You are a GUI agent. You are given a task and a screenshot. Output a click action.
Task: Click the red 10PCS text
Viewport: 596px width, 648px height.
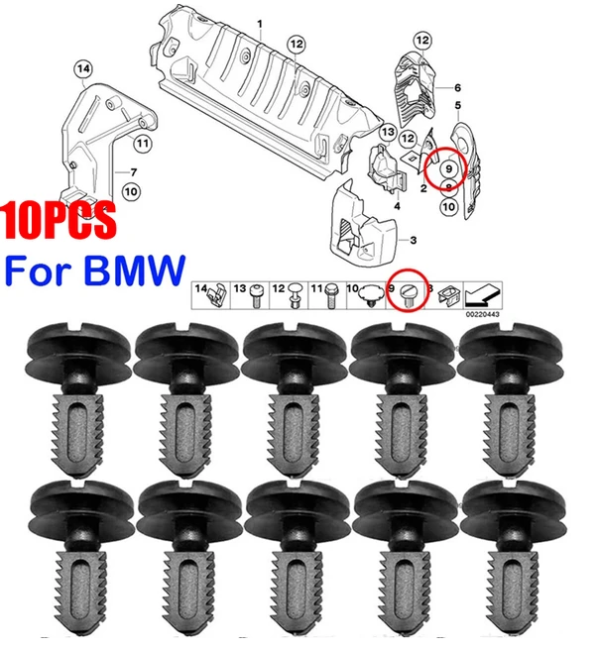(x=59, y=220)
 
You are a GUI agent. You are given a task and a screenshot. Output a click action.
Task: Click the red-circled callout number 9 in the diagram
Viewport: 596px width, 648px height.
(x=448, y=169)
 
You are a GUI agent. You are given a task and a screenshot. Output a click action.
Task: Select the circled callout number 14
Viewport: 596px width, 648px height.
(x=83, y=69)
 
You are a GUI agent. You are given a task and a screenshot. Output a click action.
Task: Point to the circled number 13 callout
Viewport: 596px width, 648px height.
(x=388, y=132)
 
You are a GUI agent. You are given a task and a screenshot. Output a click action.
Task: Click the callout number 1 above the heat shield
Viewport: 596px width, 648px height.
(x=260, y=25)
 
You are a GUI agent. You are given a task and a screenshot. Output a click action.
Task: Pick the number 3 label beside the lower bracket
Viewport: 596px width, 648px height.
(x=413, y=240)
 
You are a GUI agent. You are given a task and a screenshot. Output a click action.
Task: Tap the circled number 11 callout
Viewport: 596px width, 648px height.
(x=142, y=144)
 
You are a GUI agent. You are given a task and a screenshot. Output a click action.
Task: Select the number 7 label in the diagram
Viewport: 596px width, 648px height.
(x=133, y=172)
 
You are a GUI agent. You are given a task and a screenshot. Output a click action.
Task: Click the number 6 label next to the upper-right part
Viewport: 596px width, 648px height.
(x=457, y=87)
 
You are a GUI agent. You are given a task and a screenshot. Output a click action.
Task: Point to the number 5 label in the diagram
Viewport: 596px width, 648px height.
(x=458, y=105)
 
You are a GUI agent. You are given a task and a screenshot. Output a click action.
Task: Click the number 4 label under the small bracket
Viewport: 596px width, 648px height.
(x=397, y=205)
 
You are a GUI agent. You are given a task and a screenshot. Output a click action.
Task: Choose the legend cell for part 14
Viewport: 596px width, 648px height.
(x=211, y=295)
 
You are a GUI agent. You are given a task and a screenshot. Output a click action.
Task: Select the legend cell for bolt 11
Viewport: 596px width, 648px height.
(x=327, y=295)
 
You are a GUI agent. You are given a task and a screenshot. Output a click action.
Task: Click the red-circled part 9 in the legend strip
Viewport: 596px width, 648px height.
(x=407, y=295)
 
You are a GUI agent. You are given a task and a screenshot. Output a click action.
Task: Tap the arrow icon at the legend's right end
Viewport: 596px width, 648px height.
(x=483, y=294)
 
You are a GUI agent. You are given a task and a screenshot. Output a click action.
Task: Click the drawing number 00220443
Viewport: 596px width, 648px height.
(x=482, y=314)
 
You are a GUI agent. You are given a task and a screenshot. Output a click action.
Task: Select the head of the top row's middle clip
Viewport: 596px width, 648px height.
(x=295, y=349)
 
